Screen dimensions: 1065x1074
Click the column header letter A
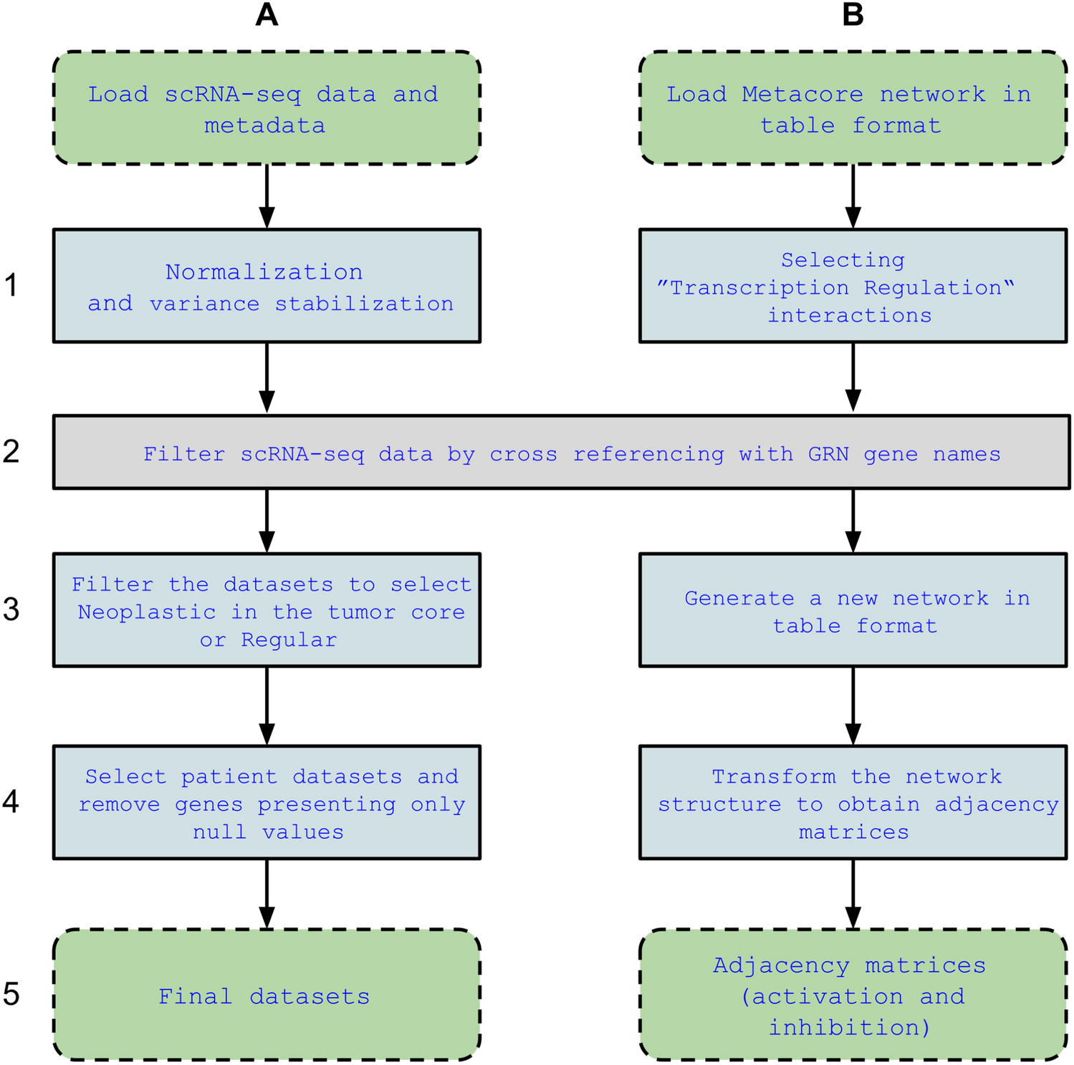tap(267, 15)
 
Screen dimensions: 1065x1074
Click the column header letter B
tap(853, 15)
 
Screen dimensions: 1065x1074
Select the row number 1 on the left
tap(11, 285)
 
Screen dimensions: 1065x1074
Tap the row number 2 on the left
tap(11, 451)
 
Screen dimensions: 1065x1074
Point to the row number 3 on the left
tap(11, 609)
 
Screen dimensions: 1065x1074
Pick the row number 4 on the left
tap(11, 801)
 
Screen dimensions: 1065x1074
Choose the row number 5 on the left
tap(11, 994)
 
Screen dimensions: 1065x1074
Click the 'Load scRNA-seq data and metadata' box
tap(267, 108)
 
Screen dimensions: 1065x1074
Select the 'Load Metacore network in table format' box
tap(853, 108)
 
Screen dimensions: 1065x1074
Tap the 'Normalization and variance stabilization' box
tap(267, 286)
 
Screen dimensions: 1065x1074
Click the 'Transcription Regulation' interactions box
tap(853, 286)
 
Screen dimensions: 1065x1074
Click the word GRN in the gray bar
tap(828, 454)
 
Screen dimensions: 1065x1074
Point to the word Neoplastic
tap(147, 612)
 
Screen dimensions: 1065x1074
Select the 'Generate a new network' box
tap(853, 610)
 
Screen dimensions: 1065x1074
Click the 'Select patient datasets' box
tap(267, 802)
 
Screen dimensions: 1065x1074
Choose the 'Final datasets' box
tap(267, 995)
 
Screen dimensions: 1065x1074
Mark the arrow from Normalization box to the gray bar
tap(267, 378)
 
